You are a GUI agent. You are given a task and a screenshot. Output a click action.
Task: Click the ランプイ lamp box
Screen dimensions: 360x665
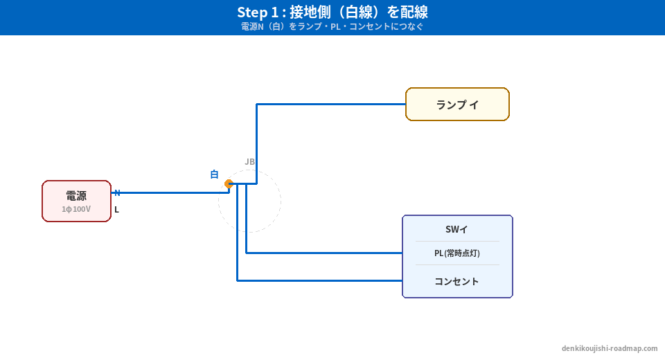[457, 105]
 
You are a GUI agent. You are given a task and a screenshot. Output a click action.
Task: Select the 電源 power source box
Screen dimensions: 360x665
[76, 201]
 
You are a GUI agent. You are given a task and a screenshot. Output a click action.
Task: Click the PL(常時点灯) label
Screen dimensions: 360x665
[456, 253]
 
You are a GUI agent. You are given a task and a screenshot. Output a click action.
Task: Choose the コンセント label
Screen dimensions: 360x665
[456, 282]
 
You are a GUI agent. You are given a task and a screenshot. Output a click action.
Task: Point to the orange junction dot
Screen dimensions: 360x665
[229, 183]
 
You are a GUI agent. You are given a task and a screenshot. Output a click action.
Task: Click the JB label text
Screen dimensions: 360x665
[249, 162]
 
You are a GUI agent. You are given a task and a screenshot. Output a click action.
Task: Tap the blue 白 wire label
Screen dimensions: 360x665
[215, 174]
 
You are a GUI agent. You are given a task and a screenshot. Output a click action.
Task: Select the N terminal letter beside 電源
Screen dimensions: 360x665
[117, 193]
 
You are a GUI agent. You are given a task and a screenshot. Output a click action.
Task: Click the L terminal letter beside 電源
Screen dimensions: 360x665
[116, 210]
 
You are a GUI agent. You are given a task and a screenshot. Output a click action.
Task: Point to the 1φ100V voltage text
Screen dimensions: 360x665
[76, 209]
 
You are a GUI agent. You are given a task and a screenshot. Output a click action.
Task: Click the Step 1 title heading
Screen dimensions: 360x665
[332, 12]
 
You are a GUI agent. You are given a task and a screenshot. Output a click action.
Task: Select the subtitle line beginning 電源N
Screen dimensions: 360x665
[332, 27]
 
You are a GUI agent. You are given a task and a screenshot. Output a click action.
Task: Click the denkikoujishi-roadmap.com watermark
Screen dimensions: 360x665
[610, 348]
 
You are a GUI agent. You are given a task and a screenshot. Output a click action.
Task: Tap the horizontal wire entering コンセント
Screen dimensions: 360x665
[319, 280]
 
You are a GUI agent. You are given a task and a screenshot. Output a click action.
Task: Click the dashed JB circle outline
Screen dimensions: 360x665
[281, 201]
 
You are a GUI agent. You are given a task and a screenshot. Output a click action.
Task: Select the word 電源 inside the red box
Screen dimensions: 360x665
[76, 196]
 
